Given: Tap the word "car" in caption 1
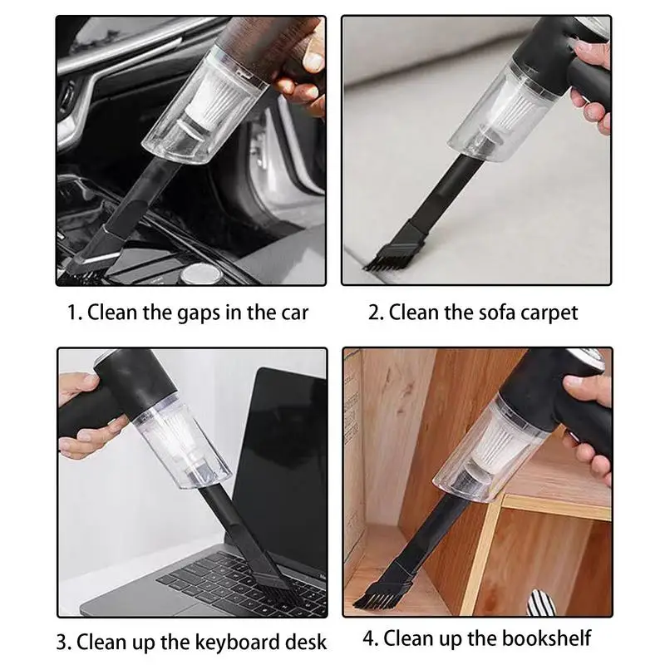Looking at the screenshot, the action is (295, 313).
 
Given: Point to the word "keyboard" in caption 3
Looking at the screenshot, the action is (219, 641).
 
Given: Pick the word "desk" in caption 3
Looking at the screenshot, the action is (305, 641).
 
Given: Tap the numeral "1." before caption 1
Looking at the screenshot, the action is (75, 313).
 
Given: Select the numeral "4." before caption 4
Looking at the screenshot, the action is (370, 638).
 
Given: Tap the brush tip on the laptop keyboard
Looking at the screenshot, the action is (272, 580).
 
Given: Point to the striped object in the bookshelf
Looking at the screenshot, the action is (541, 602).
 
